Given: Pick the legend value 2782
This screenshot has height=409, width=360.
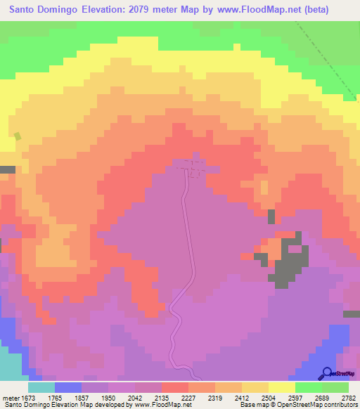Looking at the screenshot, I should (348, 396).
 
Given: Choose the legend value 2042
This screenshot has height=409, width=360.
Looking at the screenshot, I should (136, 396).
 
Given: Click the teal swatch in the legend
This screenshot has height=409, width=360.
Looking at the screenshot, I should (41, 387).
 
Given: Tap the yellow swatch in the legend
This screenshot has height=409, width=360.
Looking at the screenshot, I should (281, 387).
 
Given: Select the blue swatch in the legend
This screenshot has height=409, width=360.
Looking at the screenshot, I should (68, 387).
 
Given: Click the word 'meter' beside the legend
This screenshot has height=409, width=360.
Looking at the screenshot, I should (8, 396).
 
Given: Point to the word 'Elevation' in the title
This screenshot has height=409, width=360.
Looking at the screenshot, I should (89, 9).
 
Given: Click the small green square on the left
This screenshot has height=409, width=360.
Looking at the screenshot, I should (18, 136).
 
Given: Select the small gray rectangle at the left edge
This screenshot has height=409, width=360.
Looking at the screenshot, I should (7, 169).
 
